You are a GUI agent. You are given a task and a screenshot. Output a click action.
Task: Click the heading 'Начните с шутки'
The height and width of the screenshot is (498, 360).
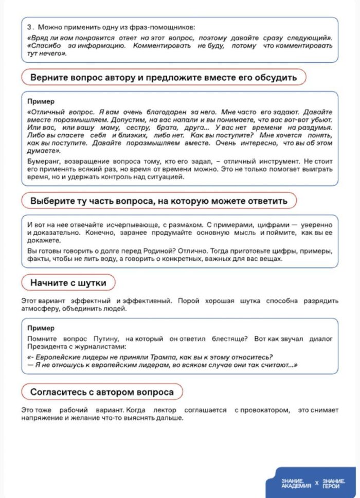click(68, 282)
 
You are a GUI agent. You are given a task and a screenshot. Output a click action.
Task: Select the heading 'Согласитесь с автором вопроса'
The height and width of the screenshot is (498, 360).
click(102, 392)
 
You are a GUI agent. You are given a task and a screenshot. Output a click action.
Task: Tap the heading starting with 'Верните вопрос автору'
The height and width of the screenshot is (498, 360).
click(164, 78)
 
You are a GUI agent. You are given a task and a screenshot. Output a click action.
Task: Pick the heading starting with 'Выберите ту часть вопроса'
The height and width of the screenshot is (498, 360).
click(158, 201)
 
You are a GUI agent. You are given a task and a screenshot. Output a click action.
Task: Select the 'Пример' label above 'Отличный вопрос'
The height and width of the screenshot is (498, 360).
click(41, 102)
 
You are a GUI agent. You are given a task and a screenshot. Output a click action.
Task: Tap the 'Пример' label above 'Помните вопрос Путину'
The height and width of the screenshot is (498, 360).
click(41, 328)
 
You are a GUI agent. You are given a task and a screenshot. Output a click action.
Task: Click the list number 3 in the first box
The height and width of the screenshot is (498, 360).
click(29, 27)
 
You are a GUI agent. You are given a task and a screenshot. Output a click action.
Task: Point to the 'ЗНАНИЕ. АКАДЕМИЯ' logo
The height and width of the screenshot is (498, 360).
click(296, 483)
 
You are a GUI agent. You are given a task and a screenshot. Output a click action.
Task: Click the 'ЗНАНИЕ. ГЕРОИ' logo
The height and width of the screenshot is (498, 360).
click(335, 483)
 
